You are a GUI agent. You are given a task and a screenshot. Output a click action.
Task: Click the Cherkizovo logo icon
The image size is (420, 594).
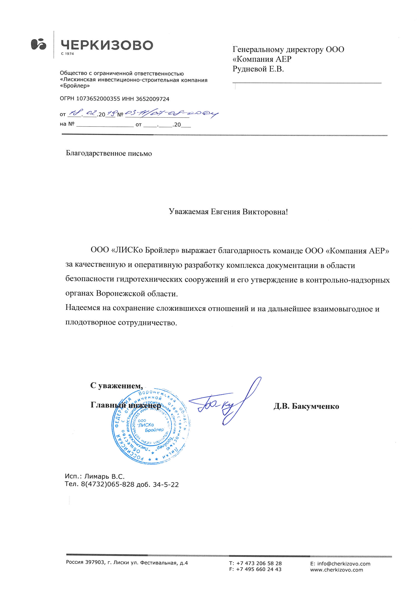pos(38,44)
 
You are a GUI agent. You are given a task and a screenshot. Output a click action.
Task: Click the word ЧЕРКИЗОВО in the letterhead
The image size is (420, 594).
pos(107,45)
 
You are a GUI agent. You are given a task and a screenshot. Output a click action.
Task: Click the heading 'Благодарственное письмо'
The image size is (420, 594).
pos(109,153)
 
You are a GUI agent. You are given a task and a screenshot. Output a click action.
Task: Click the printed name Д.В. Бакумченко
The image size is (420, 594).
pos(306,407)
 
